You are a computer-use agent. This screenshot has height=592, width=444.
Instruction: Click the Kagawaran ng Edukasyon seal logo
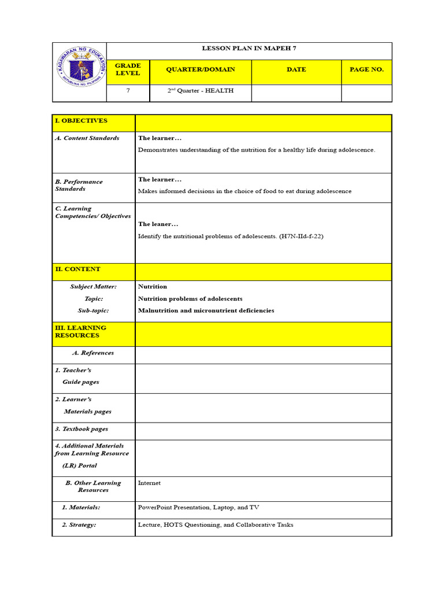(80, 72)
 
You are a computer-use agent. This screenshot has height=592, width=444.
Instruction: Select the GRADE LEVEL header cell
(128, 69)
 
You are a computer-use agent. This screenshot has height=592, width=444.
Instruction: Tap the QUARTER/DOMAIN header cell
(200, 69)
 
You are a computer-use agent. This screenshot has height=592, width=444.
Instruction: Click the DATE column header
(296, 69)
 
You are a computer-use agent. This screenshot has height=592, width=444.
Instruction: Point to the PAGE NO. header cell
(367, 69)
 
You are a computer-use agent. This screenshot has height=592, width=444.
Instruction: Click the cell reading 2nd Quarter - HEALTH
(200, 91)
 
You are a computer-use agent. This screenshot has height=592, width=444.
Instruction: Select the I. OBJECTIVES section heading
(81, 121)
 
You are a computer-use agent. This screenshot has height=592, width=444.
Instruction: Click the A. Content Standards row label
(87, 138)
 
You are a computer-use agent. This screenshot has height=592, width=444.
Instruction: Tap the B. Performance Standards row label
(79, 185)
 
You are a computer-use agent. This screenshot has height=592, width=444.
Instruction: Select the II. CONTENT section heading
(77, 269)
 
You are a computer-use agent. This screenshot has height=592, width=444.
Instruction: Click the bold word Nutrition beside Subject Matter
(153, 287)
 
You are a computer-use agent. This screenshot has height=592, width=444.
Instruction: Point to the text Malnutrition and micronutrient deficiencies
(206, 310)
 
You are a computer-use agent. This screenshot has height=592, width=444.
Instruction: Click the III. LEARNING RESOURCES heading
(80, 331)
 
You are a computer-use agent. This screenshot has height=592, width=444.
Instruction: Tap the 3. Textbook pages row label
(82, 430)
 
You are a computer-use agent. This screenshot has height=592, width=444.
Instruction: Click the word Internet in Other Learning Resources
(149, 483)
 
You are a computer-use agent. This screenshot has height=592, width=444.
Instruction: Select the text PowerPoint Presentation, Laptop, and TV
(198, 508)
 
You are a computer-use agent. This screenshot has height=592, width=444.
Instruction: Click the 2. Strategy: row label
(79, 525)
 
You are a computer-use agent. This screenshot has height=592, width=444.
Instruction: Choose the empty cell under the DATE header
(296, 92)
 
